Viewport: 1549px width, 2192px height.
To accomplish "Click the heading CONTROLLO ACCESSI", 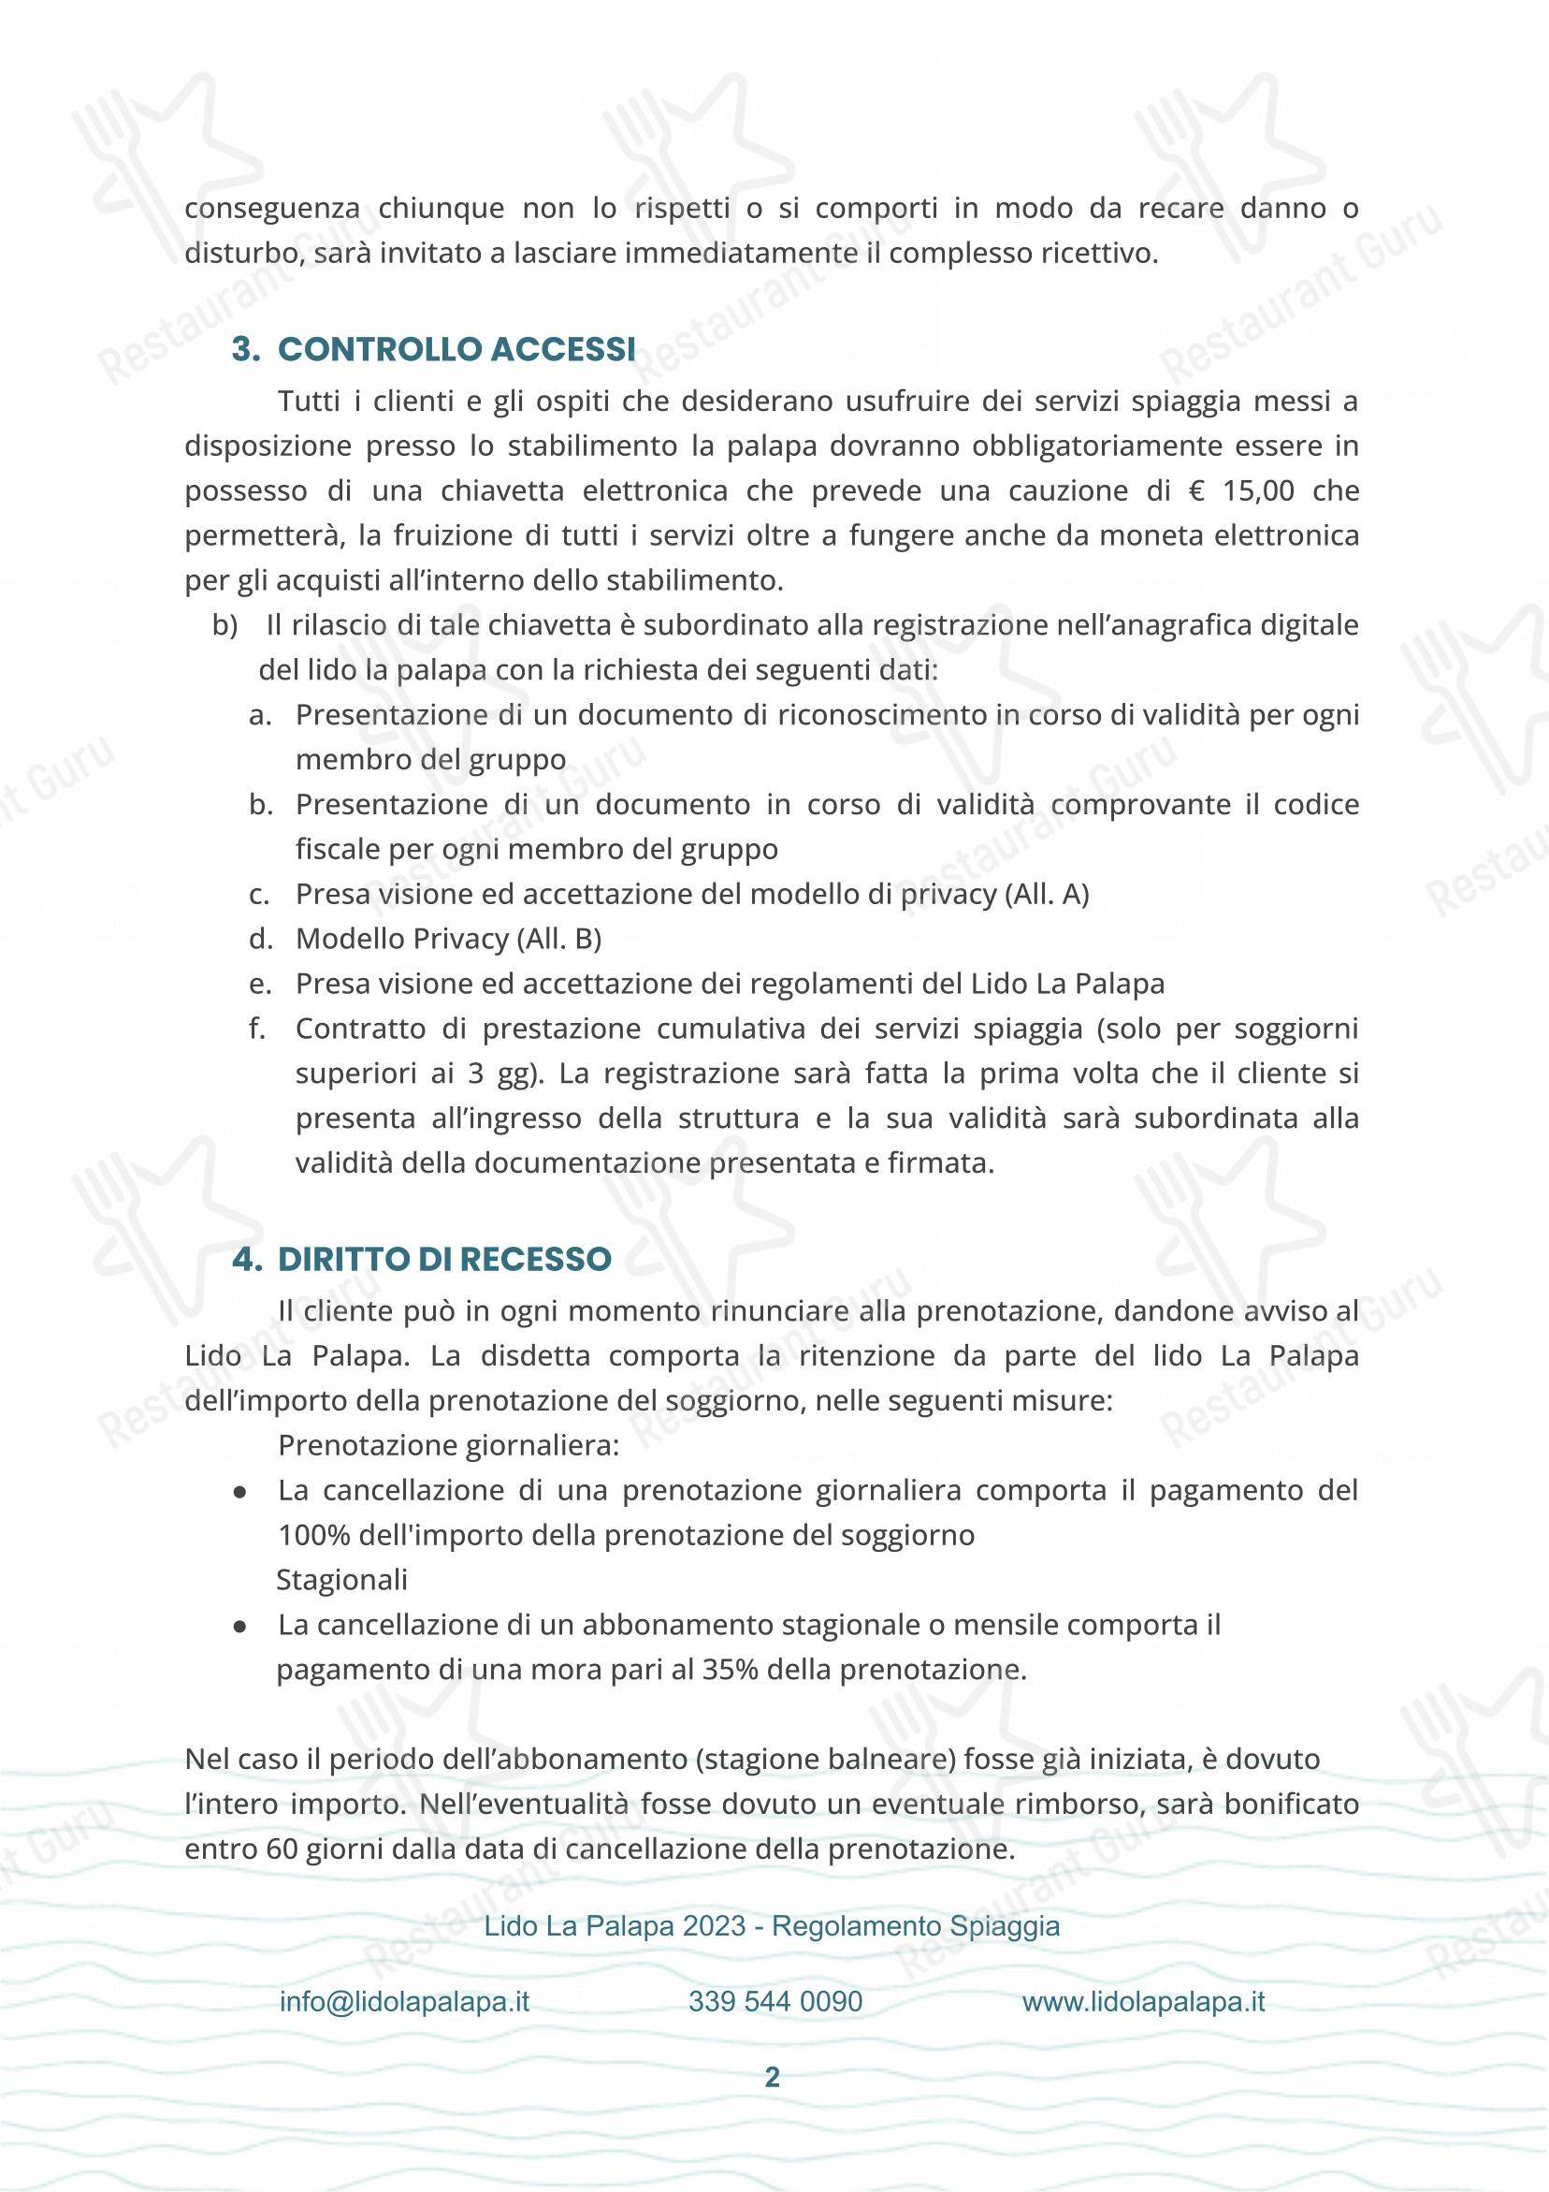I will click(x=456, y=349).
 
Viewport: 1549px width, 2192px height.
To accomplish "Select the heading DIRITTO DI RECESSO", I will click(x=443, y=1259).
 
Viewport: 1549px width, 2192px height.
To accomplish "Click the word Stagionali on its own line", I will click(x=340, y=1580).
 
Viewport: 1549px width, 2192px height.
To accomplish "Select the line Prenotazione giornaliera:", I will click(x=449, y=1445).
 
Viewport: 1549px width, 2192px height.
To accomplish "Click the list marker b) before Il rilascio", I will click(x=225, y=626).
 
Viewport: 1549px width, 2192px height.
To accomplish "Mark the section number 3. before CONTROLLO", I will click(x=247, y=349).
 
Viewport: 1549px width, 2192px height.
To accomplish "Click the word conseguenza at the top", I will click(x=271, y=208).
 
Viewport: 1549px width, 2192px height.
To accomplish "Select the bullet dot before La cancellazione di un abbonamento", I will click(x=239, y=1626).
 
